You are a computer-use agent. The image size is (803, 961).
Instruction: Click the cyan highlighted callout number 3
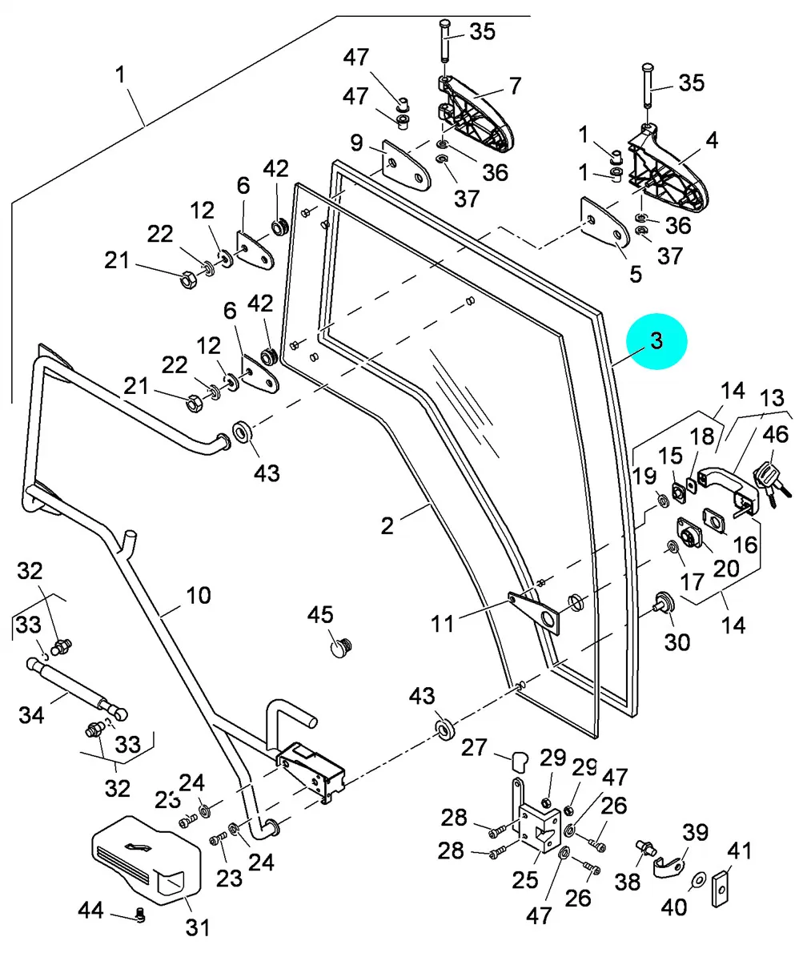[656, 341]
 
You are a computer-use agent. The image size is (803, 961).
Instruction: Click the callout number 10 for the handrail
[199, 595]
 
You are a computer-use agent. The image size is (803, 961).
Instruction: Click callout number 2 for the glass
[387, 526]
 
